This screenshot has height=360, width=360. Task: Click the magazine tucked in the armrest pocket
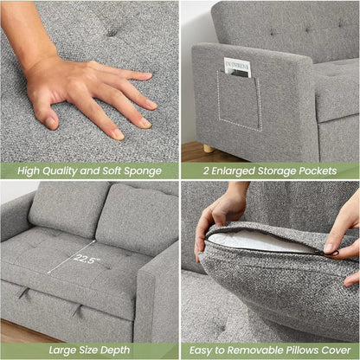(237, 67)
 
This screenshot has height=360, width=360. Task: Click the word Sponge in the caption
(140, 170)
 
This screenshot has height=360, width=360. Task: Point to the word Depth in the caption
(113, 350)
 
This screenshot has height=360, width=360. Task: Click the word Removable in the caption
(259, 350)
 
